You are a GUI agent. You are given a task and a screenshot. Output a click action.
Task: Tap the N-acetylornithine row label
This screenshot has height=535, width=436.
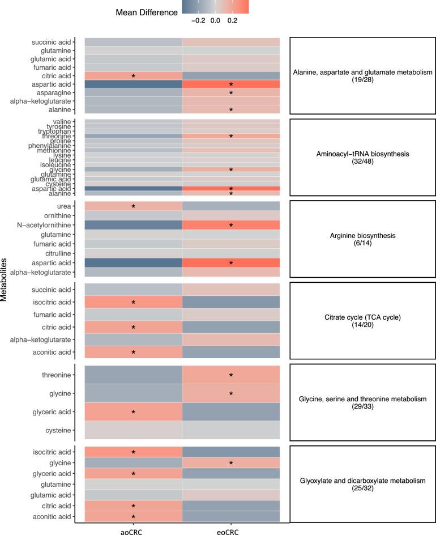(x=50, y=225)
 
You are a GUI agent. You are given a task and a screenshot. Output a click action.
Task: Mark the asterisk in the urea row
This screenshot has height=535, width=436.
(x=134, y=207)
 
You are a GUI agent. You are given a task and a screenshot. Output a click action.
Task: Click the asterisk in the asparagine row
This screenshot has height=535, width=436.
(x=231, y=93)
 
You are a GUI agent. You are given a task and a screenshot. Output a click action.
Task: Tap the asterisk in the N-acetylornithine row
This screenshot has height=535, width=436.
(x=231, y=226)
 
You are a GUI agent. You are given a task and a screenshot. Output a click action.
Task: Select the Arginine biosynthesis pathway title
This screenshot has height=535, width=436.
(x=363, y=234)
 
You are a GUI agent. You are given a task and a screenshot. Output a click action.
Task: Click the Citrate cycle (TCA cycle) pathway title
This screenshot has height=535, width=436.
(x=363, y=317)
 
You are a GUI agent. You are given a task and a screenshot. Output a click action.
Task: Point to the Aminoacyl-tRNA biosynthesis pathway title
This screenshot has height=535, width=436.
(x=363, y=153)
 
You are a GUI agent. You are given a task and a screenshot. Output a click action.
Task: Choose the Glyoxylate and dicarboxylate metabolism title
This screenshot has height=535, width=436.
(x=363, y=481)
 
